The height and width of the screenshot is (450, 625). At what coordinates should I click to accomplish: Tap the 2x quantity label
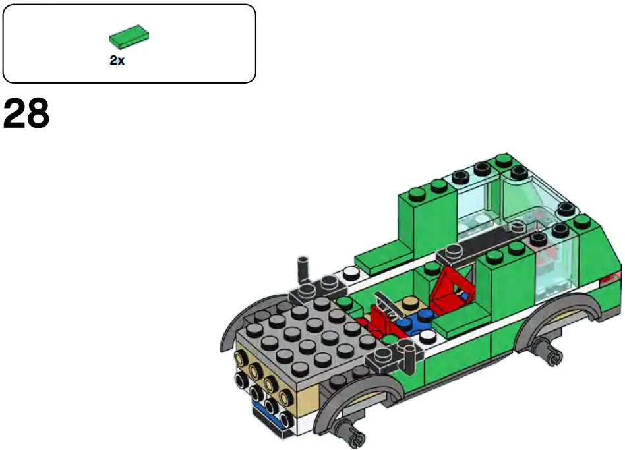point(117,60)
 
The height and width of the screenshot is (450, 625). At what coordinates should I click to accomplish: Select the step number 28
point(26,115)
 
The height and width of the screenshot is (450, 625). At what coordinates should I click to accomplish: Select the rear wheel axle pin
point(549,353)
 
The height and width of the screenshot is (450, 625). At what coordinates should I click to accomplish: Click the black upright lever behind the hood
point(303,269)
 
